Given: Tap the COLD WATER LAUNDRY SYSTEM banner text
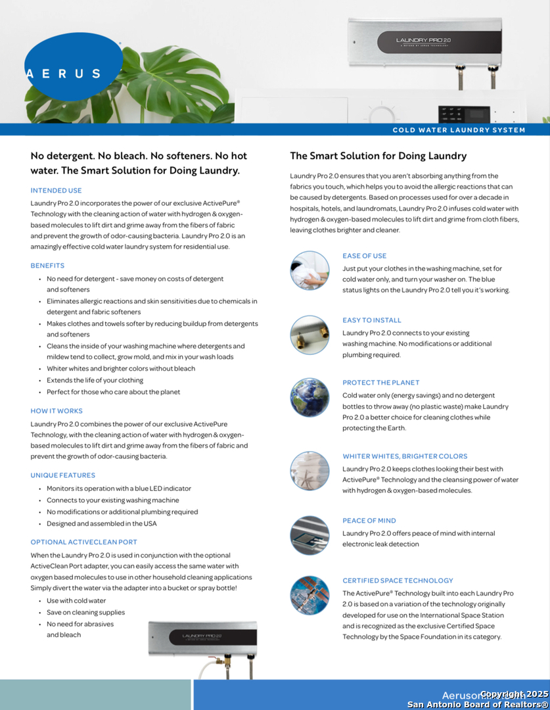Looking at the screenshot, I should tap(459, 130).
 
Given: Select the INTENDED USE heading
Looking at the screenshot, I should tap(56, 190).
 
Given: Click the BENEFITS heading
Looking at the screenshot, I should tap(47, 266).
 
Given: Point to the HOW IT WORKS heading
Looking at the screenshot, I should tap(57, 411).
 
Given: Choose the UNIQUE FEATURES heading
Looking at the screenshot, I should tap(62, 475).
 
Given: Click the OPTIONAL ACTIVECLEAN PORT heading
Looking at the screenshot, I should tap(84, 542).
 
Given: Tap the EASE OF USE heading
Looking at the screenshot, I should tap(364, 256).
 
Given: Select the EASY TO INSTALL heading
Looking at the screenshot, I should tap(371, 320).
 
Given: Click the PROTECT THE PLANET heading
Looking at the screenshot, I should tap(380, 383).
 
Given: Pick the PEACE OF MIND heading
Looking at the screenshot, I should tap(369, 521).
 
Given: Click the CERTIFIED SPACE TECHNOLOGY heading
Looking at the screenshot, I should tap(398, 580).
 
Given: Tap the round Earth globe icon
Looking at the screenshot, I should tap(309, 397).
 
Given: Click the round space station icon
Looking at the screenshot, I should tap(309, 595).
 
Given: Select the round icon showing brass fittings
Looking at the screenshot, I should tap(309, 335).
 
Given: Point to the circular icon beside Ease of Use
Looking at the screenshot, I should tap(309, 270).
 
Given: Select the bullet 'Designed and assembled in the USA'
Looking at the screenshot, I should tap(101, 524).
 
